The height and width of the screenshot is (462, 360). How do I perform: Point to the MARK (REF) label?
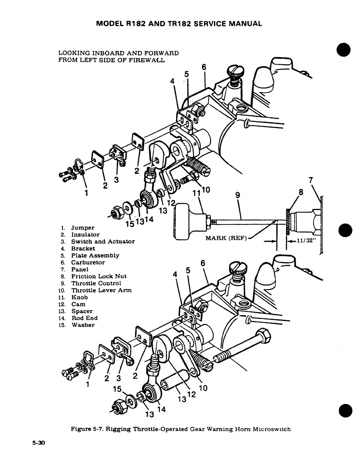click(225, 238)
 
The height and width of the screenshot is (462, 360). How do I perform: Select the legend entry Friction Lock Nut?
click(99, 276)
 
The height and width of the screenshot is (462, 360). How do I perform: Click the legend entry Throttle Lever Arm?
click(101, 290)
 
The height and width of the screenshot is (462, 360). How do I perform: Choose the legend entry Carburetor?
click(88, 262)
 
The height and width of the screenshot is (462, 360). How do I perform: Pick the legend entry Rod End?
click(84, 318)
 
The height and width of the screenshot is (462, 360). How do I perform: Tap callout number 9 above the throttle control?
click(238, 195)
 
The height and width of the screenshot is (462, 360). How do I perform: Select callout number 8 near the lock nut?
click(300, 192)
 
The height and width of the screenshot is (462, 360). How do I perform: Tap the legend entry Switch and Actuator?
click(103, 242)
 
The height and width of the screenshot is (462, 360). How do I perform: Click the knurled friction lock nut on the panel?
click(288, 222)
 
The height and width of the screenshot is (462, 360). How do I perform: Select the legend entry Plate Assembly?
click(95, 255)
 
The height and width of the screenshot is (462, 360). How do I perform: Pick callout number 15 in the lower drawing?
click(117, 389)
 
